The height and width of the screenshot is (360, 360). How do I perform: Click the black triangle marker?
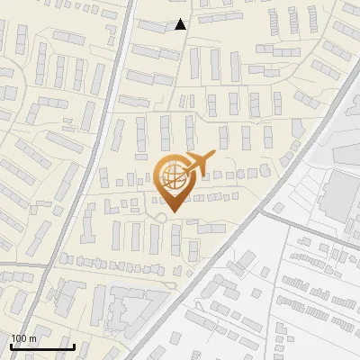click(x=181, y=24)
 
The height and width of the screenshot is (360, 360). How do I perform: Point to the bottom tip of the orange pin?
click(x=172, y=213)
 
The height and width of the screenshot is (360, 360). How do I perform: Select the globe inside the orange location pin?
click(x=172, y=177)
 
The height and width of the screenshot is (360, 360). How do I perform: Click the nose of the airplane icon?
click(x=212, y=154)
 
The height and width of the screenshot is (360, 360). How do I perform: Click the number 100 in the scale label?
click(x=19, y=338)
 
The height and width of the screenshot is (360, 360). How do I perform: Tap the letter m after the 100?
click(x=32, y=338)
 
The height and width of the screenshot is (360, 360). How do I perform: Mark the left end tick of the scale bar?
click(x=11, y=346)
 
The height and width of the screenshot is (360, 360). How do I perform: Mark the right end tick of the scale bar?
click(x=74, y=346)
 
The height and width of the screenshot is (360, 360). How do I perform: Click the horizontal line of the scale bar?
click(x=42, y=347)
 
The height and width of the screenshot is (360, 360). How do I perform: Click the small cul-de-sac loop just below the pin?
click(x=161, y=216)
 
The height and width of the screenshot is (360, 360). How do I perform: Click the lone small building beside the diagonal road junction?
click(x=279, y=208)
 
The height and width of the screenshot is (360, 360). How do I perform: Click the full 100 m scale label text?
click(x=23, y=338)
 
